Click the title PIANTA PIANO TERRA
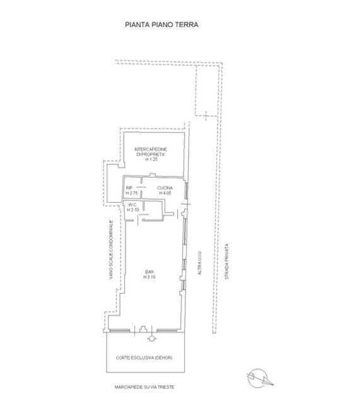tap(161, 25)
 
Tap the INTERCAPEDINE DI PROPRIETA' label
tap(151, 152)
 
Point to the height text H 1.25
tap(151, 159)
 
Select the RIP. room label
tap(129, 188)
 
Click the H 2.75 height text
tap(132, 193)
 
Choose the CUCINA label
tap(165, 188)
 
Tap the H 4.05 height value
tap(165, 193)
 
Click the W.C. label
tap(132, 205)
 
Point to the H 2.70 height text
tap(133, 210)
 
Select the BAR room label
tap(149, 272)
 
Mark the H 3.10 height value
tap(149, 277)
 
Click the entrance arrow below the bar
tap(151, 338)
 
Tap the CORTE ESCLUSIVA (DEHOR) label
tap(144, 358)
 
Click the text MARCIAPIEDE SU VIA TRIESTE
tap(144, 387)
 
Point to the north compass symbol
tap(259, 378)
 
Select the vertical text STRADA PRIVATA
tap(226, 261)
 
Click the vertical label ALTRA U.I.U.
tap(200, 263)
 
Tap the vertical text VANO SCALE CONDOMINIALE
tap(111, 249)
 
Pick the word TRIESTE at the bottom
tap(166, 387)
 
